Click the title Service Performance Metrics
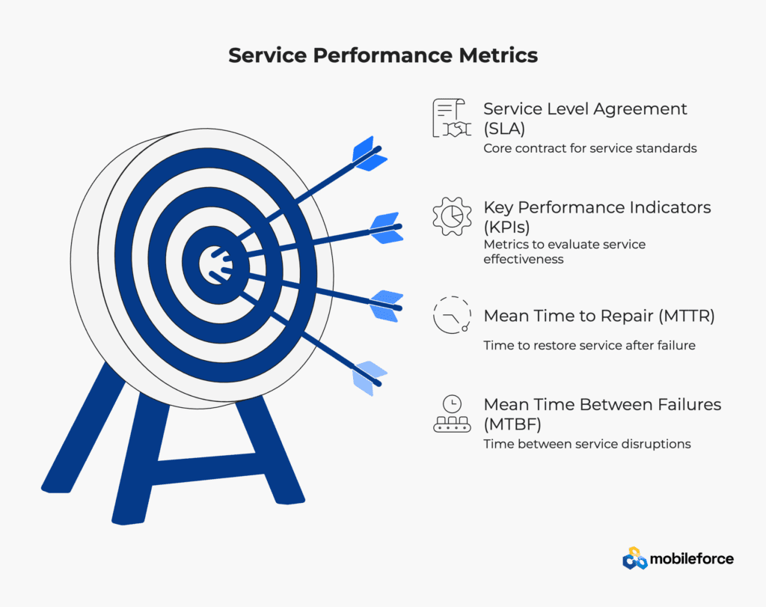[383, 55]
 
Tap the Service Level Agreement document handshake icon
[452, 118]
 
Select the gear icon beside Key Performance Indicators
[452, 216]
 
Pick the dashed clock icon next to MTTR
[452, 315]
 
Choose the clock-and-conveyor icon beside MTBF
[452, 414]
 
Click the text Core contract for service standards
[590, 148]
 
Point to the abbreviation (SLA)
[504, 129]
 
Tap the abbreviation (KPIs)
[506, 228]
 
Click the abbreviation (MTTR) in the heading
[687, 316]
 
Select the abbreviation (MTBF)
[512, 424]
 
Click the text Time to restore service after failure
[589, 345]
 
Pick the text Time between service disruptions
[587, 444]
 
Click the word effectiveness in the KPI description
[523, 259]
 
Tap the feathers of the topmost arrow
[370, 153]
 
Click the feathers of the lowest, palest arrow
[370, 378]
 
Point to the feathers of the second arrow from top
[387, 228]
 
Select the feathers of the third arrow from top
[387, 306]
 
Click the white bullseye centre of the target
[215, 264]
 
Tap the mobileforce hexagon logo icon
[634, 558]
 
